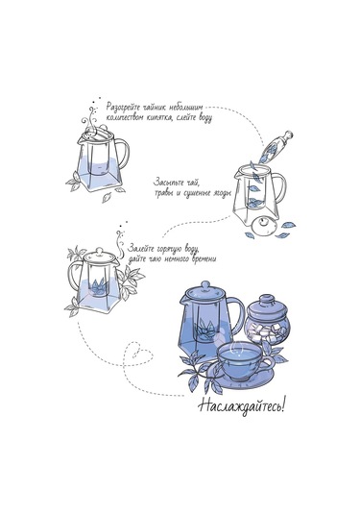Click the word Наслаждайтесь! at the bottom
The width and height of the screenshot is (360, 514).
(x=241, y=406)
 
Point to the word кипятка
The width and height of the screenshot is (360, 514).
(x=158, y=118)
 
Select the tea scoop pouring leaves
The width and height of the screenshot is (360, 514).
(x=276, y=147)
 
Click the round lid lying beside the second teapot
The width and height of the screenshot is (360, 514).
(x=263, y=226)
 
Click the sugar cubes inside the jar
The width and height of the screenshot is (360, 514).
(x=264, y=331)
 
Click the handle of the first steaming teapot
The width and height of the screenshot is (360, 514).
(x=124, y=154)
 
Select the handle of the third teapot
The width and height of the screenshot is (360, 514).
(x=73, y=276)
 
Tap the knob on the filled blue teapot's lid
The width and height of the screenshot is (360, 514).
(x=205, y=285)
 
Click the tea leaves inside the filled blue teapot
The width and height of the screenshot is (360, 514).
(x=205, y=330)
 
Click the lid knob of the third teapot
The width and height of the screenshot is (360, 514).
(x=100, y=251)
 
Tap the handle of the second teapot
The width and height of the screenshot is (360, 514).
(x=280, y=186)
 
